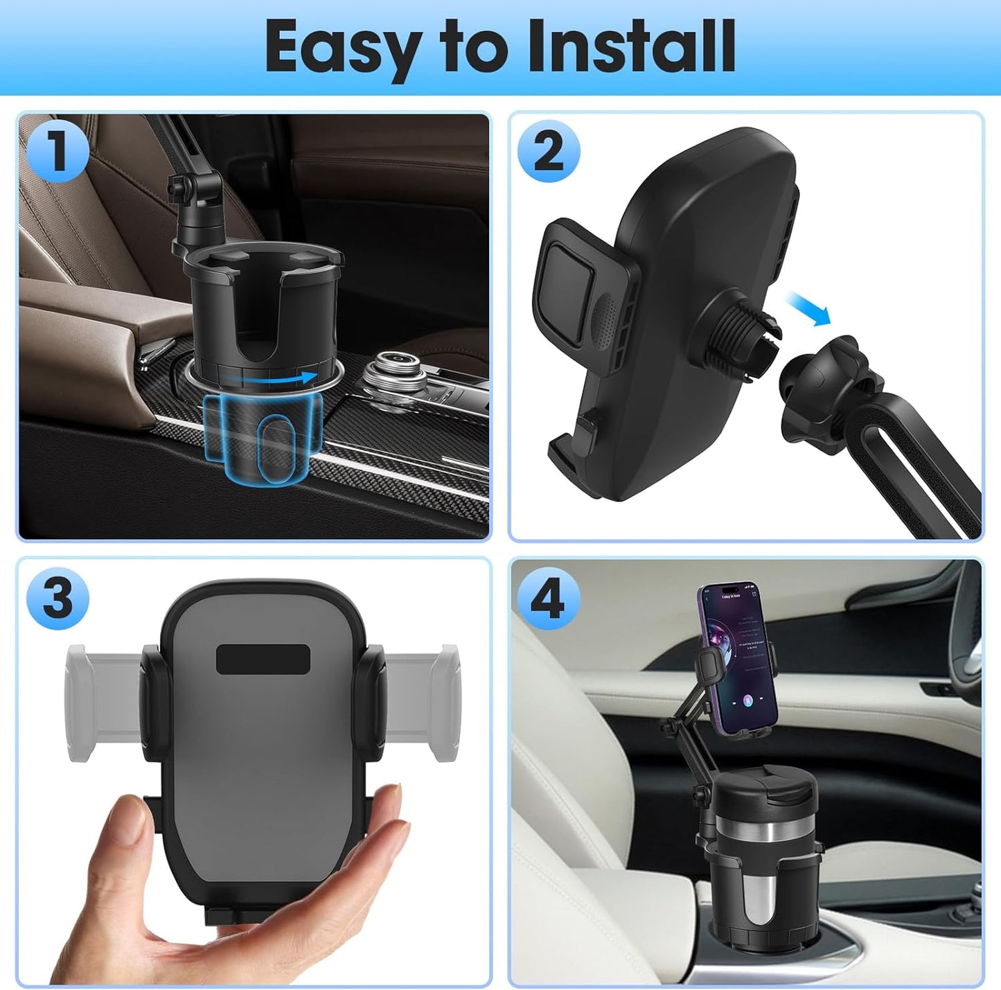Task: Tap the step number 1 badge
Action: pos(57,152)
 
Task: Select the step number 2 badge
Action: pos(549,152)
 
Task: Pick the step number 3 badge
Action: pos(57,598)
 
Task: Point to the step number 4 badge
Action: pos(548,598)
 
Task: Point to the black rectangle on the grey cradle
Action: pos(263,659)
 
